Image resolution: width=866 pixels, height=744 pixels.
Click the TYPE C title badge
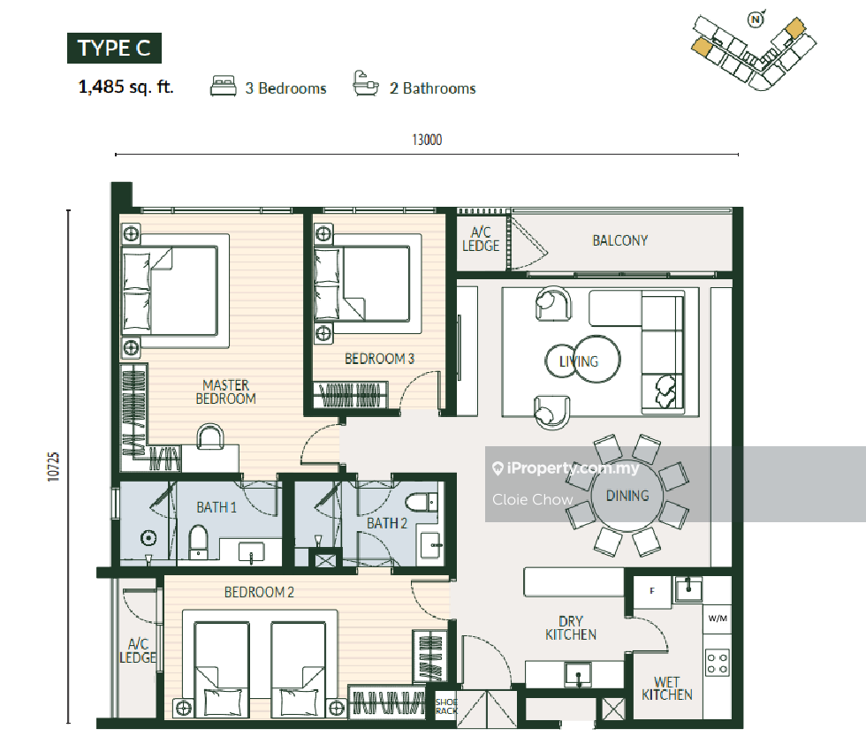(114, 48)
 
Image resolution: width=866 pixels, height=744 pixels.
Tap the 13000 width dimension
(427, 140)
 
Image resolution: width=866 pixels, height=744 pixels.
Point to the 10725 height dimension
(53, 467)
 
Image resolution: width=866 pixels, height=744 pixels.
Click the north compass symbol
(756, 20)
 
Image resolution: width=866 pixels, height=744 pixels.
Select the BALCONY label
(619, 241)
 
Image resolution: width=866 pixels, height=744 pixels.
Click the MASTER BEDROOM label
(226, 391)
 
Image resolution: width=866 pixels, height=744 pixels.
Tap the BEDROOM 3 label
(379, 359)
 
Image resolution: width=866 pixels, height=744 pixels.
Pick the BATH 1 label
(216, 507)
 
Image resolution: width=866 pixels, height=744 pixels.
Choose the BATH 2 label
(387, 523)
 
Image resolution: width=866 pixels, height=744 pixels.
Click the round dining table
(627, 496)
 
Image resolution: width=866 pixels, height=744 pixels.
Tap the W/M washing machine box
(718, 618)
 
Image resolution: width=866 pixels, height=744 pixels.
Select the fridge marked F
(652, 591)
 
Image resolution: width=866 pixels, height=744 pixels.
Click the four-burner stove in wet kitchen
(718, 663)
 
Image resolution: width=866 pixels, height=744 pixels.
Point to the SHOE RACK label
(446, 706)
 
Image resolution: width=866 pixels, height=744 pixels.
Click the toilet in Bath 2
(422, 503)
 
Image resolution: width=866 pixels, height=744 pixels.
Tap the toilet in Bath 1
(198, 542)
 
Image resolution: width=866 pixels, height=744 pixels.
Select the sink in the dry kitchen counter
(578, 675)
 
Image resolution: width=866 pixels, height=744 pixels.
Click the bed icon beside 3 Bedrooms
(223, 87)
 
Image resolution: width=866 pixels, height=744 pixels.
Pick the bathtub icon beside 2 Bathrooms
(366, 83)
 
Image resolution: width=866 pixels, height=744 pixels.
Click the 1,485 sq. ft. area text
(125, 87)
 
